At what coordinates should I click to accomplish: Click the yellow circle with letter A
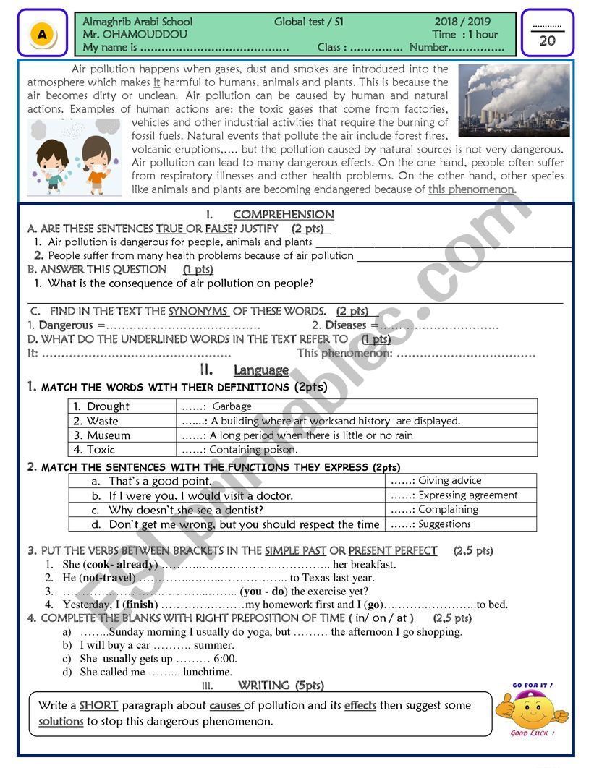[x=43, y=33]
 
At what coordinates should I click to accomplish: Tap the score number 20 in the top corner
[x=547, y=40]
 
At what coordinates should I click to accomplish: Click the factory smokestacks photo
[x=514, y=99]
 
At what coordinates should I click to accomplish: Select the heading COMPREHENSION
[x=284, y=214]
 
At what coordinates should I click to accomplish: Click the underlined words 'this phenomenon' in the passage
[x=471, y=189]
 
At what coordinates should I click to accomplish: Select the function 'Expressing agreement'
[x=467, y=495]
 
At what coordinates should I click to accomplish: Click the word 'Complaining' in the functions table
[x=448, y=509]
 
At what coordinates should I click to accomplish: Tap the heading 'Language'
[x=260, y=370]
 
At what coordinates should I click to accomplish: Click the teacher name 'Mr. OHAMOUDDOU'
[x=135, y=34]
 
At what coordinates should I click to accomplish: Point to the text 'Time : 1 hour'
[x=465, y=34]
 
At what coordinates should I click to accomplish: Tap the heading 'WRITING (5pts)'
[x=281, y=685]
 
